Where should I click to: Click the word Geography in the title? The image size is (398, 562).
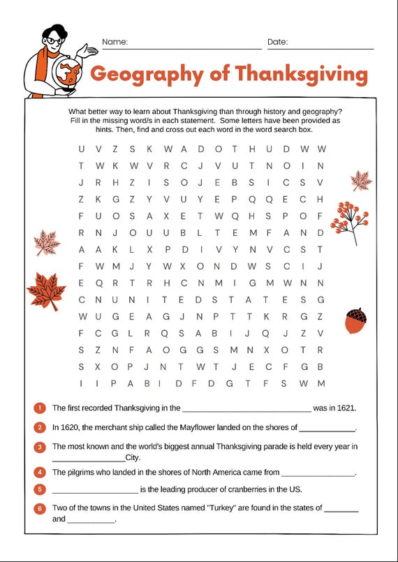point(143,74)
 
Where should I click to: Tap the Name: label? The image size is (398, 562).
point(115,42)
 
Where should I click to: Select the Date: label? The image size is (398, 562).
point(277,42)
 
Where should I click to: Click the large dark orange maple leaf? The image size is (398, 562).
point(46,290)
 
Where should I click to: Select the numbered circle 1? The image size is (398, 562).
point(40,408)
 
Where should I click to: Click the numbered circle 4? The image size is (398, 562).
point(40,473)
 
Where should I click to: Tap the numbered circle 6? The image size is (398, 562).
point(40,508)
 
